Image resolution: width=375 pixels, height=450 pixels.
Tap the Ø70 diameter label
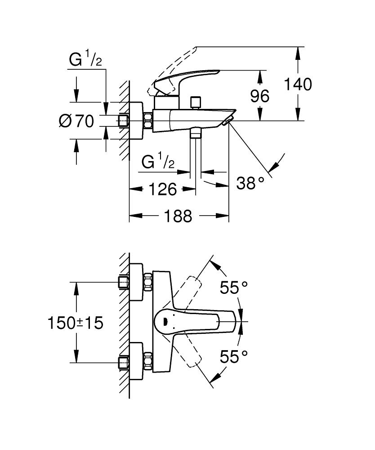click(76, 121)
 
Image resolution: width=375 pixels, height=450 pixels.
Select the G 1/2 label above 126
click(158, 162)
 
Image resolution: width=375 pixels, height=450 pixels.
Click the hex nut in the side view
click(147, 121)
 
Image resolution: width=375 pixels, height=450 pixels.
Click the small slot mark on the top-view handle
click(165, 321)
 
